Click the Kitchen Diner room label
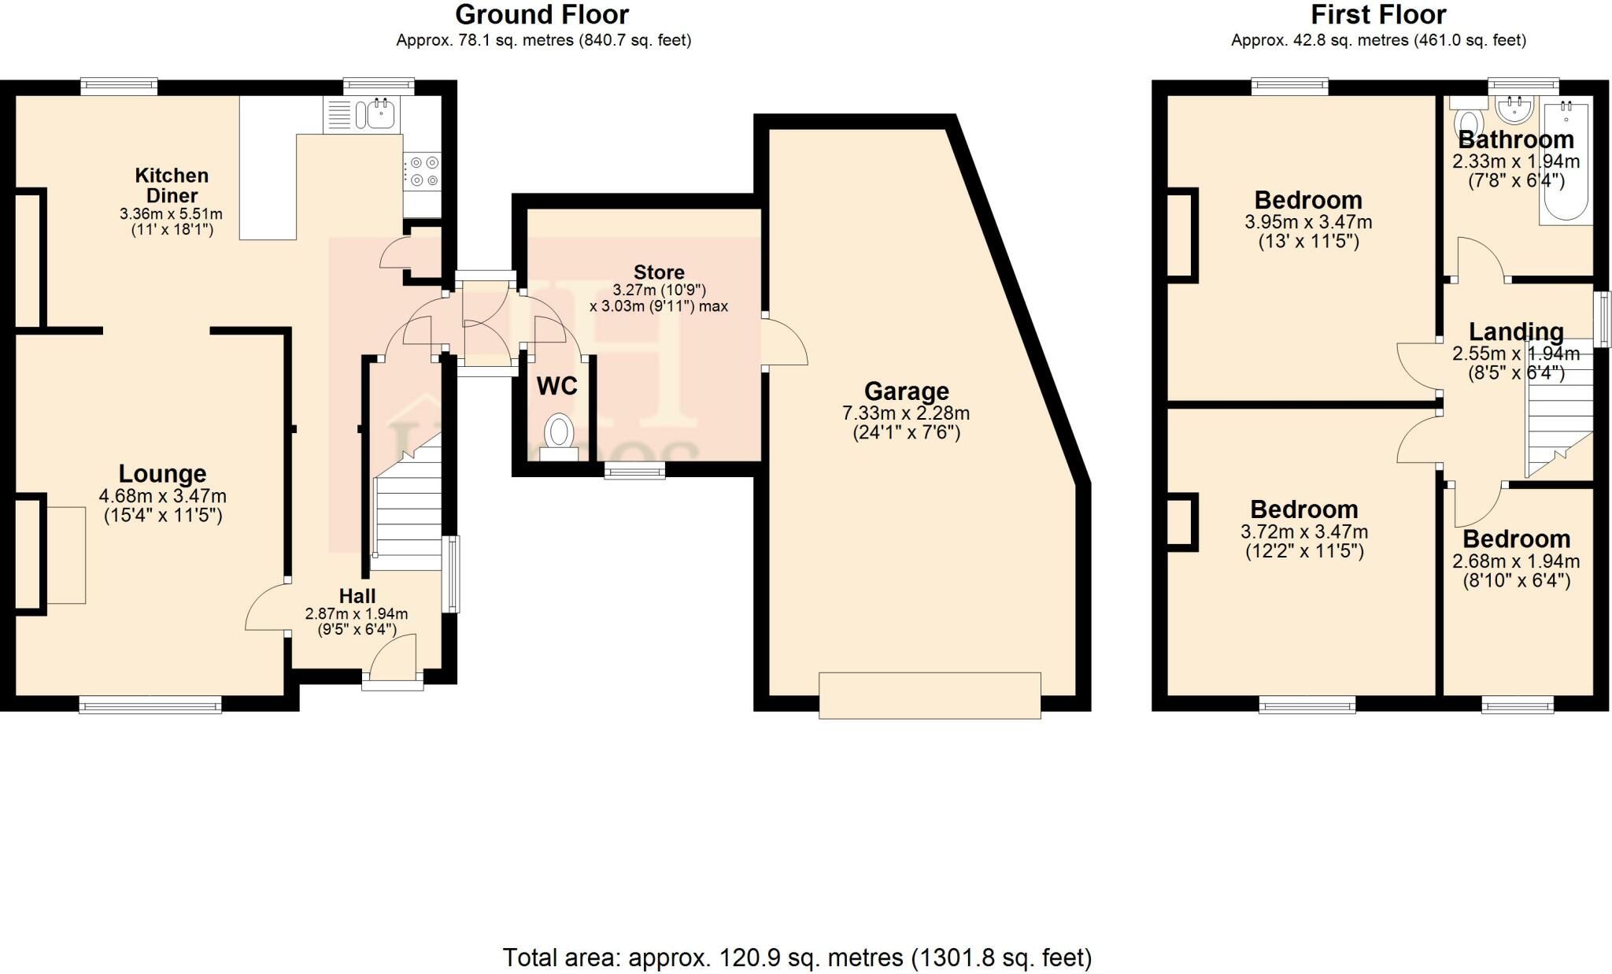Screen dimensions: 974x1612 click(x=172, y=186)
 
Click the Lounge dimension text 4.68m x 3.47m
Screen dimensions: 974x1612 click(x=162, y=496)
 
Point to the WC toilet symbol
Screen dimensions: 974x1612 click(x=560, y=433)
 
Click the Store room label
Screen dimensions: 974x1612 click(x=659, y=272)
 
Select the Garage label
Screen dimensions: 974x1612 click(x=906, y=391)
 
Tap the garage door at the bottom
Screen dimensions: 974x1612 click(x=930, y=694)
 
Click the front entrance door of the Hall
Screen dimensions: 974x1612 click(x=393, y=661)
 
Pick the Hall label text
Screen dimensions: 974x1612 click(x=357, y=596)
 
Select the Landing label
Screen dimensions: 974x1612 click(x=1516, y=331)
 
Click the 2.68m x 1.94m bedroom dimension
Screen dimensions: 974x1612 click(x=1516, y=561)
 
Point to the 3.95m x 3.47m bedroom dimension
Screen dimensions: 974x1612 click(x=1308, y=222)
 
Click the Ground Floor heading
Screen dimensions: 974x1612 click(x=542, y=14)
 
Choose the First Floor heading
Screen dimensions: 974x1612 click(x=1378, y=14)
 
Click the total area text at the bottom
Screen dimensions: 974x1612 click(x=797, y=957)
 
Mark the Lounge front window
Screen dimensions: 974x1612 click(x=150, y=706)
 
